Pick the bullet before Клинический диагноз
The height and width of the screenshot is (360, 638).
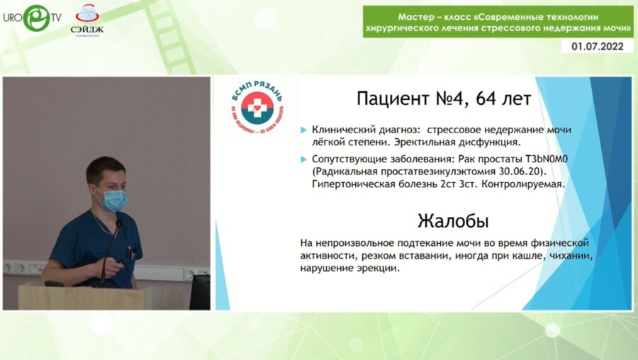(x=304, y=130)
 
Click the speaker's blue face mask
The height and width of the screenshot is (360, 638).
(x=111, y=200)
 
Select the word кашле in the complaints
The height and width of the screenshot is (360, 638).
(x=522, y=256)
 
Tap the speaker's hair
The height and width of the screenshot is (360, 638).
(x=104, y=169)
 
